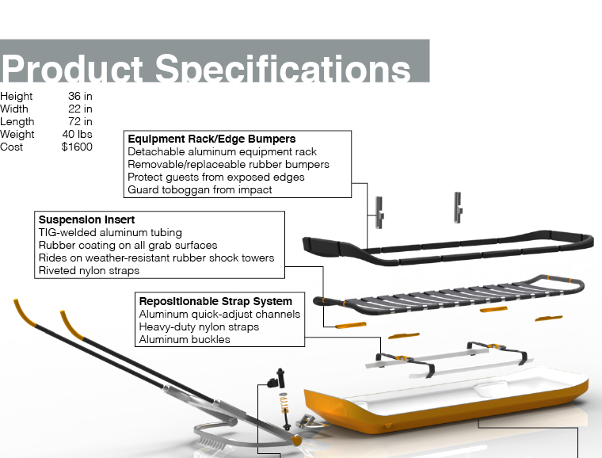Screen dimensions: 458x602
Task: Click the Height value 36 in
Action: [x=80, y=97]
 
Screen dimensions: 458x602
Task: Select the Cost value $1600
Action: [x=77, y=147]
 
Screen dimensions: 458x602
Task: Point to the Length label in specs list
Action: [x=17, y=122]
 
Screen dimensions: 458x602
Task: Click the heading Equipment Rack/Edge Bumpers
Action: [x=211, y=139]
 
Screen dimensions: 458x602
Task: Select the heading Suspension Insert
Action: [x=86, y=219]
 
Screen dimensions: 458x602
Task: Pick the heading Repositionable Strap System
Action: [x=215, y=301]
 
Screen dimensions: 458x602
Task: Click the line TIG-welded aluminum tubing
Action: [x=110, y=232]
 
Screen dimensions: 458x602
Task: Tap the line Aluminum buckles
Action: [x=185, y=339]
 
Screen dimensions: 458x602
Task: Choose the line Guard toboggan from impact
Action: [x=200, y=190]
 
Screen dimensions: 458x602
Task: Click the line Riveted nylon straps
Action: [x=89, y=270]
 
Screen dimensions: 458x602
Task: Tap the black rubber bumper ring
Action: [x=444, y=247]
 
